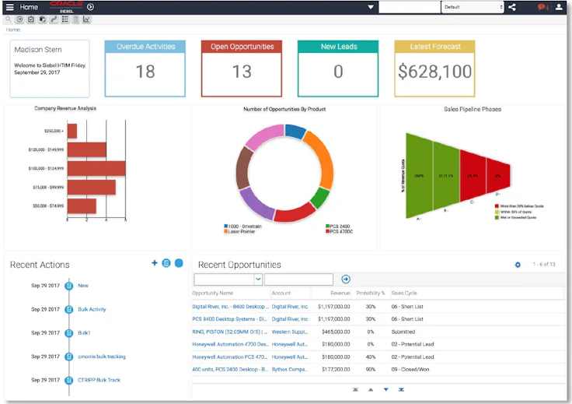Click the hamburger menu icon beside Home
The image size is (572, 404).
click(x=9, y=7)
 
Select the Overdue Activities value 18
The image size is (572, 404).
click(x=145, y=72)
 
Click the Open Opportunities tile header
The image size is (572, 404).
click(x=242, y=47)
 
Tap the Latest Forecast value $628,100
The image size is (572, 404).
click(x=434, y=72)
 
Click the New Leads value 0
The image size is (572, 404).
click(x=338, y=72)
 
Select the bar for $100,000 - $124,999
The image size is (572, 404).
click(x=96, y=168)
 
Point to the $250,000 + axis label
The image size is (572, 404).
click(x=53, y=131)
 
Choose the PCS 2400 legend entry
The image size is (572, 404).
click(x=340, y=227)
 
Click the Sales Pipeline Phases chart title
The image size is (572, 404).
click(x=473, y=110)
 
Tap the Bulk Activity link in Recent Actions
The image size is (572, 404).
click(x=92, y=309)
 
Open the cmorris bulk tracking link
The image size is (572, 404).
click(x=101, y=357)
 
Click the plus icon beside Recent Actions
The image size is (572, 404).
click(x=155, y=264)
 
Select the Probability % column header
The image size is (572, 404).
click(x=371, y=293)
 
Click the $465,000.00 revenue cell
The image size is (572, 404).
click(x=333, y=331)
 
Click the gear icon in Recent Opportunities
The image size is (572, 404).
click(x=518, y=265)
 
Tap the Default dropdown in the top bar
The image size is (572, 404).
click(x=473, y=7)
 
